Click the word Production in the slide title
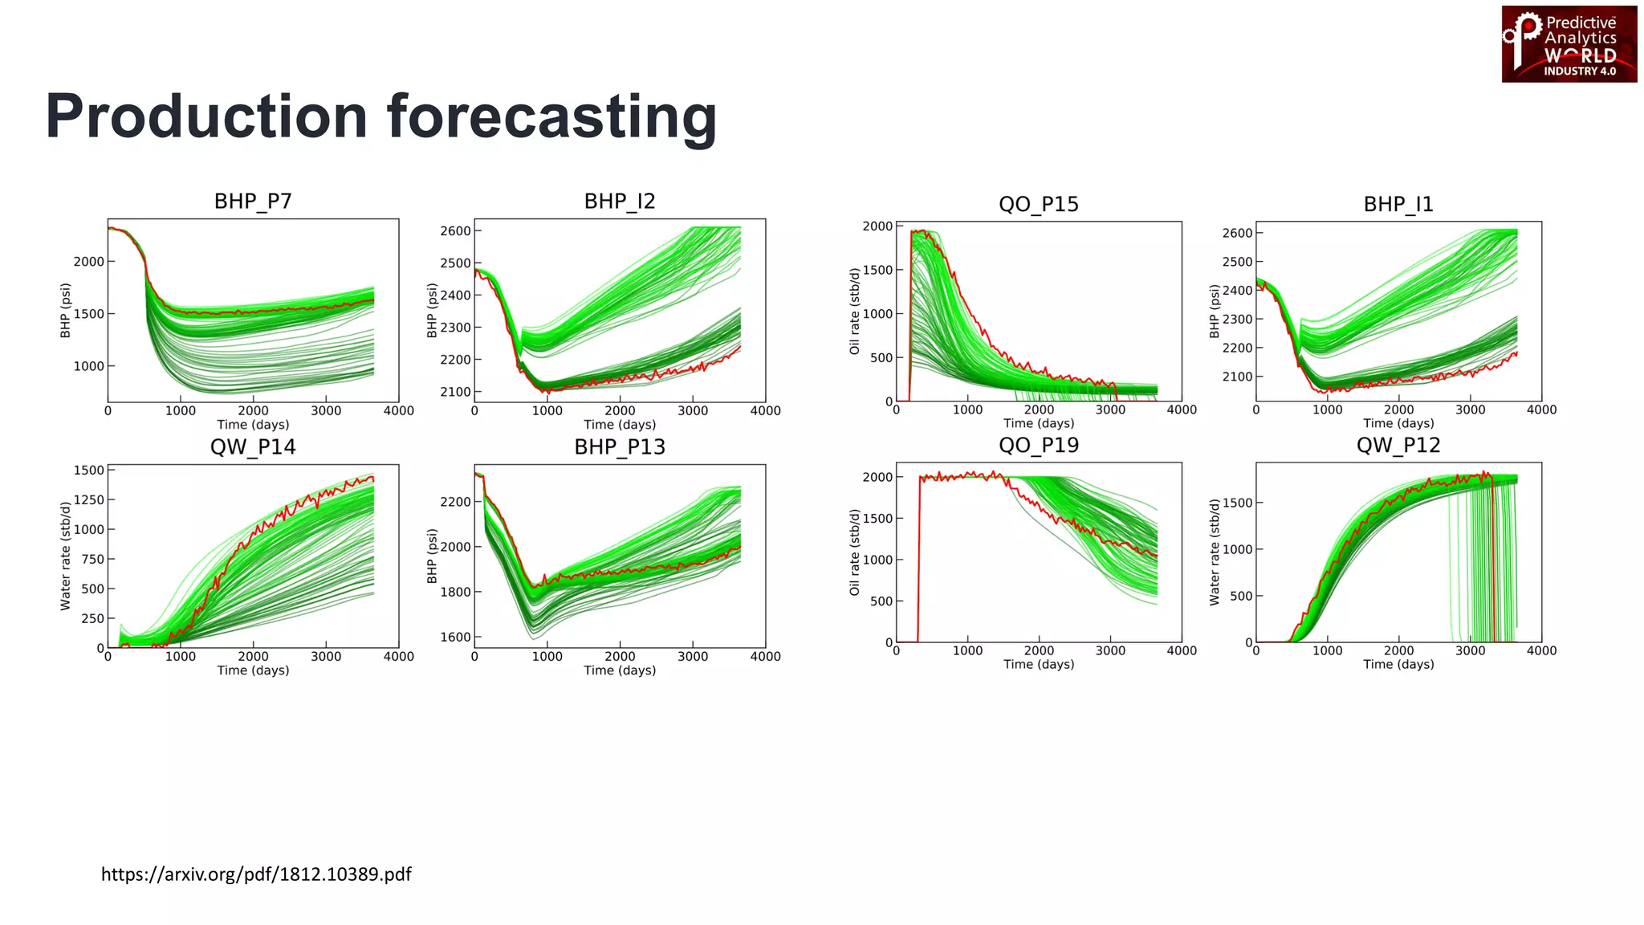[x=206, y=117]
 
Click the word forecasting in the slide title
[x=551, y=117]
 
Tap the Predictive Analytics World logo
[x=1569, y=44]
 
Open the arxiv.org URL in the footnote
[x=256, y=874]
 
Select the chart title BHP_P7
[x=253, y=201]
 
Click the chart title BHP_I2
[x=620, y=201]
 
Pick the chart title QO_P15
[x=1038, y=204]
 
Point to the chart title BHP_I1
[x=1398, y=204]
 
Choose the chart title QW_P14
[x=253, y=447]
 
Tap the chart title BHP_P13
[x=620, y=447]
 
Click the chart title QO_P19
[x=1038, y=445]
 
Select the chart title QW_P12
[x=1398, y=445]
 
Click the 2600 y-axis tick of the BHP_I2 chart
[x=455, y=231]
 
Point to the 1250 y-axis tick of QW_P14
[x=89, y=500]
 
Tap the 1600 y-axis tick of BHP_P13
[x=455, y=638]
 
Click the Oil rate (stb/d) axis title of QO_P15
[x=854, y=312]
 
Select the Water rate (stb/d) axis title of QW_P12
[x=1214, y=552]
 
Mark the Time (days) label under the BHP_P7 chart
[x=253, y=425]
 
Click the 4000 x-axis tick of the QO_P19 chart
[x=1181, y=651]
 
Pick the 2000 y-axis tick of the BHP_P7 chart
[x=89, y=262]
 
